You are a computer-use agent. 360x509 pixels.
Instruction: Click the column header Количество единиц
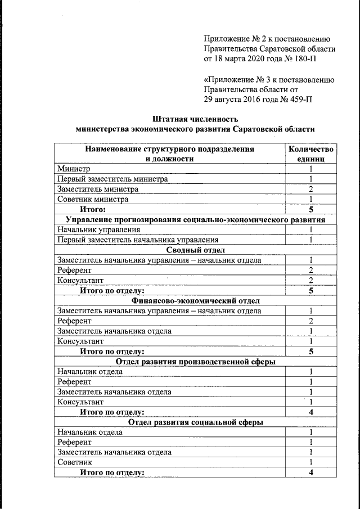(x=310, y=154)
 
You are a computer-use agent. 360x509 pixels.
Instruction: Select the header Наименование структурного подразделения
(x=169, y=149)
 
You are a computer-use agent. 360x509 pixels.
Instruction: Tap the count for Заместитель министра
(x=310, y=189)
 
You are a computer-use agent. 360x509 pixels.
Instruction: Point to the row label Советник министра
(x=93, y=199)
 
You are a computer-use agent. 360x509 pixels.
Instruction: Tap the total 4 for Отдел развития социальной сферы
(x=310, y=472)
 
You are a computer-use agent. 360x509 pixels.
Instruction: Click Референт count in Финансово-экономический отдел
(x=310, y=321)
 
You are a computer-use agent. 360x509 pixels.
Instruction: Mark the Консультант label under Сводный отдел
(x=80, y=280)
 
